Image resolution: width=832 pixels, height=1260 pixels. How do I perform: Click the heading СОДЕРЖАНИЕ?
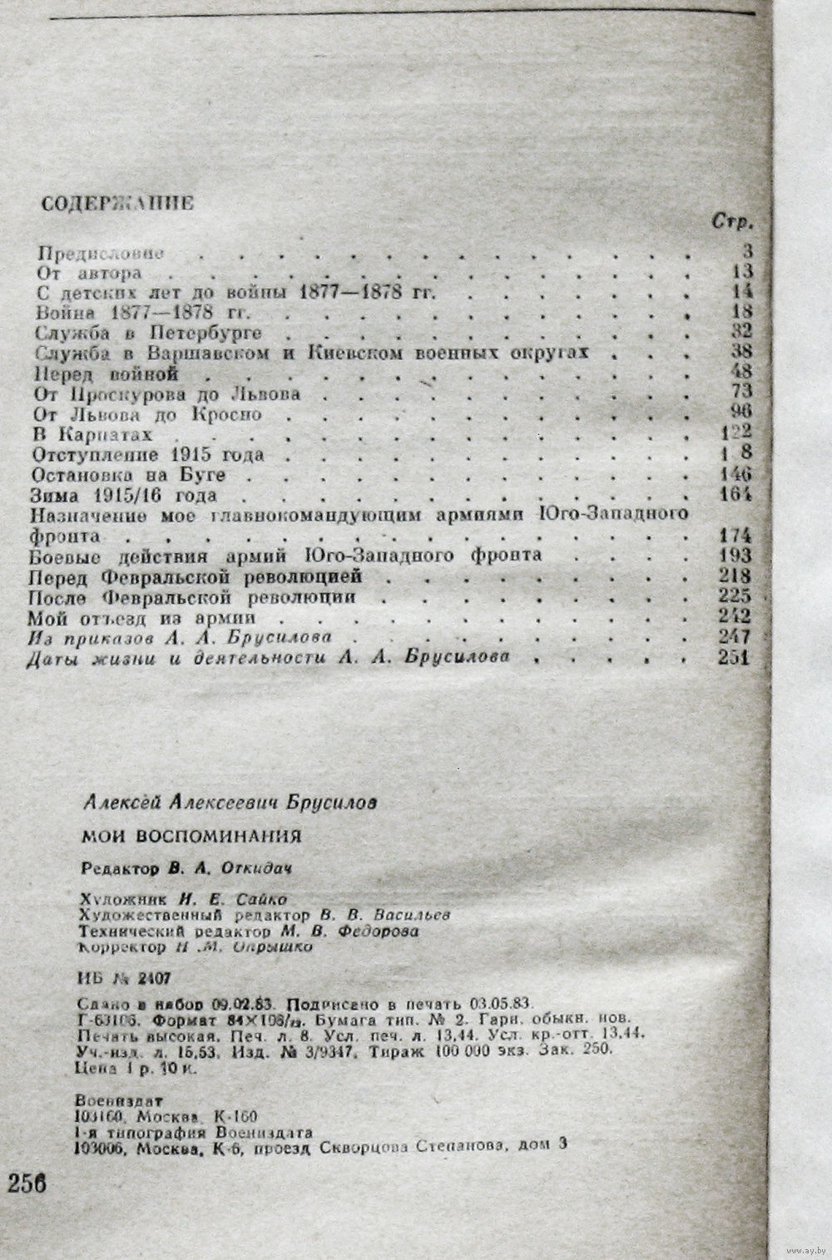click(x=117, y=203)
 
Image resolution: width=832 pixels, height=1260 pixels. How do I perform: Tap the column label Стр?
click(x=733, y=223)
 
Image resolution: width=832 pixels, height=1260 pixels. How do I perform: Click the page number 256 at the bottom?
click(x=27, y=1183)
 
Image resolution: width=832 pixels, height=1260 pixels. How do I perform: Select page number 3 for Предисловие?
click(x=748, y=250)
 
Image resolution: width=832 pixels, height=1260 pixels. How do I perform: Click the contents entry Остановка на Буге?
click(x=129, y=474)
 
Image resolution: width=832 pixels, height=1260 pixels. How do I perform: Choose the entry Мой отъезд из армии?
click(x=141, y=617)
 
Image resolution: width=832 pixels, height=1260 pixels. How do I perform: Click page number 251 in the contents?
click(x=732, y=657)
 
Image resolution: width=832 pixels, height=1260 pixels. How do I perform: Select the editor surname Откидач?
click(x=258, y=867)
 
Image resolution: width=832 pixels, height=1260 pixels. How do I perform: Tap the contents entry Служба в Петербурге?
click(x=150, y=333)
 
